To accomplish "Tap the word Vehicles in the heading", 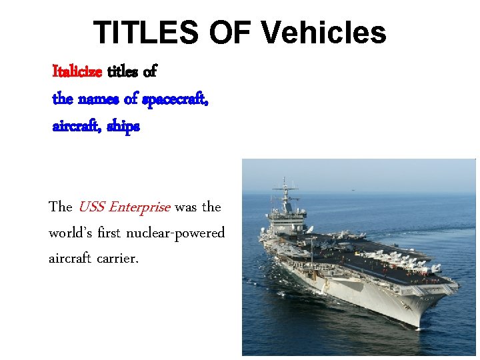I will pyautogui.click(x=324, y=32).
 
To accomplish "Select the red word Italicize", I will pyautogui.click(x=77, y=71).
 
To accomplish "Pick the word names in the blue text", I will pyautogui.click(x=99, y=99).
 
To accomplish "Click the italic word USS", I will pyautogui.click(x=91, y=207).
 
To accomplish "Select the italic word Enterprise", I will pyautogui.click(x=141, y=207).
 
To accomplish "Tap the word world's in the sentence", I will pyautogui.click(x=69, y=234).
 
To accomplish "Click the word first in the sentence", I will pyautogui.click(x=111, y=234).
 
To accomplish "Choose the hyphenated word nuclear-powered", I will pyautogui.click(x=180, y=234).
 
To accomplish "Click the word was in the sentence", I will pyautogui.click(x=186, y=207).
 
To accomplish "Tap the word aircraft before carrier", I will pyautogui.click(x=70, y=258).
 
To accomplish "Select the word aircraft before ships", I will pyautogui.click(x=75, y=126).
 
